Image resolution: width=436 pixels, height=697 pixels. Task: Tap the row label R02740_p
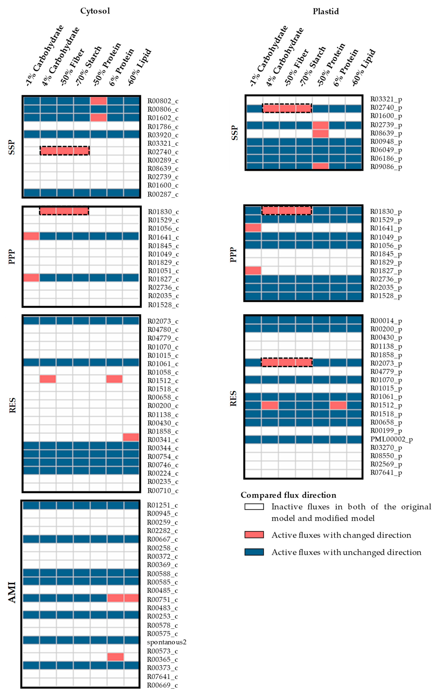click(386, 108)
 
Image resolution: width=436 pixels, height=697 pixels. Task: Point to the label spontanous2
click(166, 642)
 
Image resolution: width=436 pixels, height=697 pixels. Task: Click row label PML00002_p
click(391, 439)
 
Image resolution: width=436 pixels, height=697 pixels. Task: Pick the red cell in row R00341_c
click(131, 437)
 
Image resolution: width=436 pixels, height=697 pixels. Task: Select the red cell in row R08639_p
click(320, 133)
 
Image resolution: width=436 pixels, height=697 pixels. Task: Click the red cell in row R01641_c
click(31, 236)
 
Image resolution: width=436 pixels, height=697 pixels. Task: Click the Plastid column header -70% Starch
click(313, 66)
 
